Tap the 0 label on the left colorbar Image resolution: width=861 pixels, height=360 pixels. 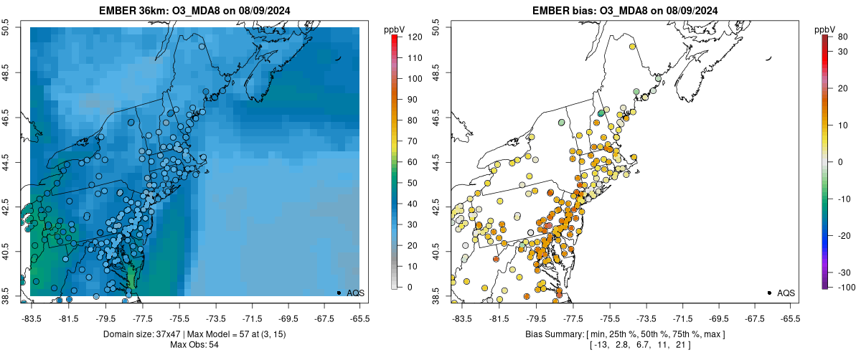click(x=409, y=288)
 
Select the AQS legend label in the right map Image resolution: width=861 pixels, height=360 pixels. click(x=786, y=293)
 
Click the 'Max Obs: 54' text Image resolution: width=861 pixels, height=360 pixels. click(x=194, y=345)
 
